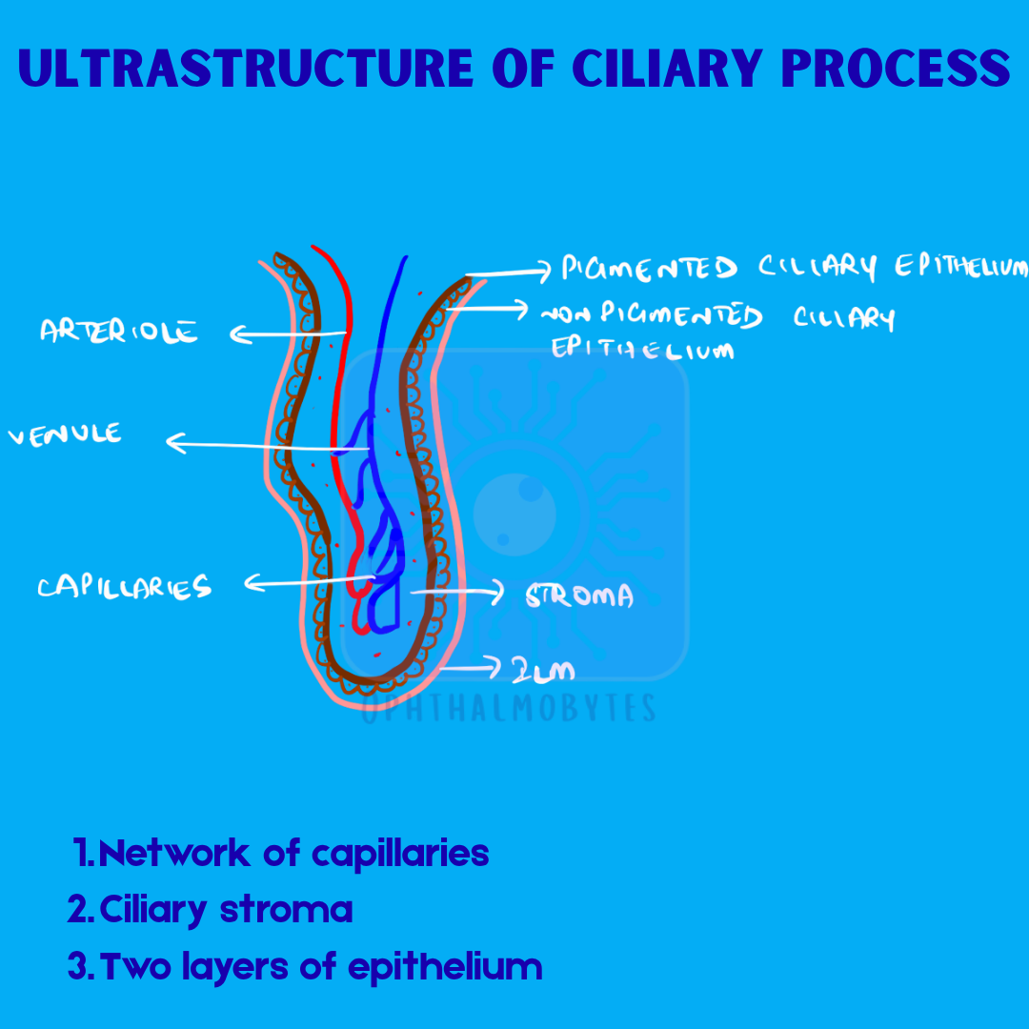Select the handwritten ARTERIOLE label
pos(119,332)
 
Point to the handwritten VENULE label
pos(66,435)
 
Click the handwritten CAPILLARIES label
pos(124,587)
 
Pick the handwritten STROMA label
pos(579,596)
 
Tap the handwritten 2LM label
pos(543,671)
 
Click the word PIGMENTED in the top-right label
pos(649,269)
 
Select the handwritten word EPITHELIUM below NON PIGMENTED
pos(643,350)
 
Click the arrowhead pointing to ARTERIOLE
pos(239,334)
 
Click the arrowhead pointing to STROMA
pos(496,594)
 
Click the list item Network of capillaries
pos(282,853)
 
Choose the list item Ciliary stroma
pos(211,910)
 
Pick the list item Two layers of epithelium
pos(305,967)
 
